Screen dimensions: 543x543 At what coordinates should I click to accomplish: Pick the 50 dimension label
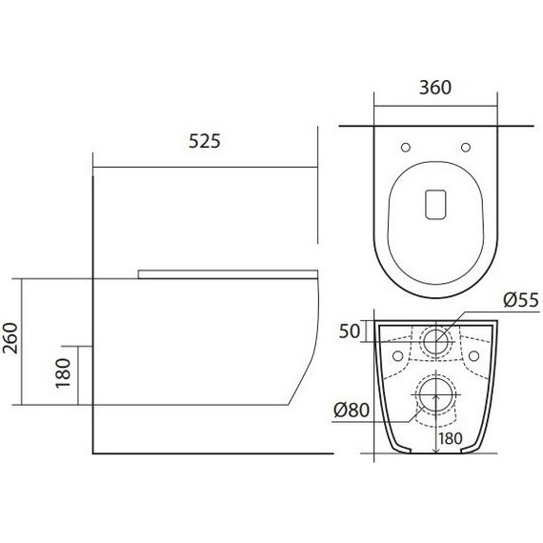pyautogui.click(x=351, y=332)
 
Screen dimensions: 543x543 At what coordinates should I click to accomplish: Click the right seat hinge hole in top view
pyautogui.click(x=466, y=146)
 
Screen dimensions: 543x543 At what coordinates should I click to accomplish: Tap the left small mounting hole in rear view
pyautogui.click(x=395, y=352)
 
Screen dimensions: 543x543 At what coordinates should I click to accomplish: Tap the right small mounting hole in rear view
pyautogui.click(x=475, y=352)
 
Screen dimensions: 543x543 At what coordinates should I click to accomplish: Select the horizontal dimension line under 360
pyautogui.click(x=435, y=104)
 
